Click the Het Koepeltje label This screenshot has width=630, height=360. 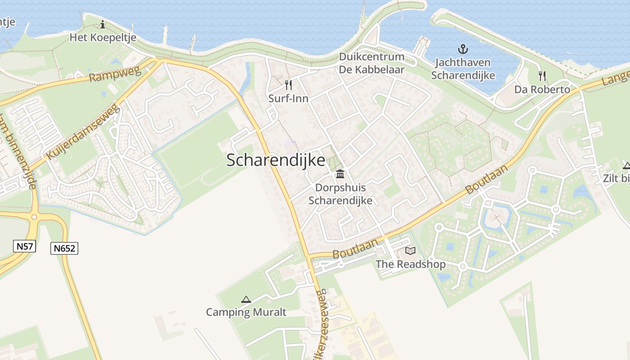point(103,37)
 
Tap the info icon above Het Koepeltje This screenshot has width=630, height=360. point(103,24)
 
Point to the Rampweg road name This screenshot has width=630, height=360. point(115,72)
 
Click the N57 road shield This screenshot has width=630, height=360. point(25,246)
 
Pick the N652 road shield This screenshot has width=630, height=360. point(65,248)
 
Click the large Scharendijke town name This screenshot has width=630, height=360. point(275,160)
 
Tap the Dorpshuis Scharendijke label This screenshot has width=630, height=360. point(340,194)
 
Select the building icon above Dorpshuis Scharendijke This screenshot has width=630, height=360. point(340,174)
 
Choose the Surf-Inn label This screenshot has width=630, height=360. point(288,98)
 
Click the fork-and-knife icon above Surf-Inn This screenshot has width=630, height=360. point(288,85)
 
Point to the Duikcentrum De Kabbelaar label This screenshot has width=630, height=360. point(372,63)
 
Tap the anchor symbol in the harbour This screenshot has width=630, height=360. point(463,49)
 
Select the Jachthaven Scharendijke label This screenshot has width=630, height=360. point(463,69)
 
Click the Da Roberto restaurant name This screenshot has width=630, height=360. point(542,90)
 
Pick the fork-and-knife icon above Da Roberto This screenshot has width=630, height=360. point(542,76)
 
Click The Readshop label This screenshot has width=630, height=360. point(410,264)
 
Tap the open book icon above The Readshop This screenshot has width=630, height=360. point(410,251)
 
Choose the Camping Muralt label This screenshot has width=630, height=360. point(246,312)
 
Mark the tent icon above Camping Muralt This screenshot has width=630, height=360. point(246,299)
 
